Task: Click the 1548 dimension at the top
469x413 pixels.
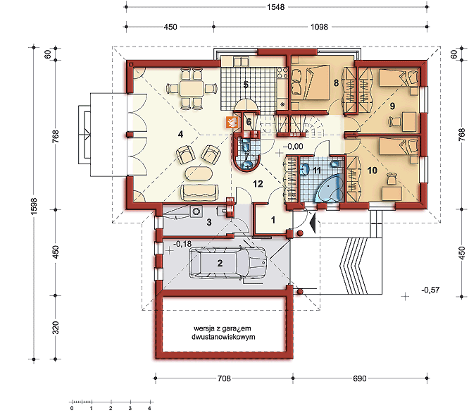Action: click(x=275, y=7)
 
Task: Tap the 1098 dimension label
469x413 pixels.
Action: click(x=319, y=27)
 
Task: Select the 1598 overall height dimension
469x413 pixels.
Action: click(x=34, y=206)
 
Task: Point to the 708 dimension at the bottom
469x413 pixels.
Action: click(x=224, y=378)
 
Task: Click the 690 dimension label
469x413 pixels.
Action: click(x=360, y=378)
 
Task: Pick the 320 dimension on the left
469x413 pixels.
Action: click(x=56, y=328)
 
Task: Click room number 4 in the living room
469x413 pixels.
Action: click(x=180, y=135)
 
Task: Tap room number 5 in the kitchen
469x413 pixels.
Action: click(x=246, y=85)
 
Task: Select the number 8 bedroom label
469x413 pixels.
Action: click(x=336, y=82)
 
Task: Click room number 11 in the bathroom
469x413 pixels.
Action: click(x=317, y=171)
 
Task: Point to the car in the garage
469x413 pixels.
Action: click(x=227, y=264)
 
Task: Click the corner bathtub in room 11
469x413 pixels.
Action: click(x=330, y=189)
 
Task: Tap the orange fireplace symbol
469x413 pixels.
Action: click(x=232, y=122)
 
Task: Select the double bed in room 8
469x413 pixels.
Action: click(x=310, y=82)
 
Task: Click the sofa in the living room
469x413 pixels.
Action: click(x=199, y=192)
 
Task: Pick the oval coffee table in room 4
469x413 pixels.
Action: click(x=199, y=173)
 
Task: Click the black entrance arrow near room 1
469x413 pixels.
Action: click(x=312, y=223)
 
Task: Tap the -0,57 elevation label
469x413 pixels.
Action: click(x=430, y=290)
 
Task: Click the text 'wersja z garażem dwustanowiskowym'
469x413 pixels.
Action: click(x=223, y=333)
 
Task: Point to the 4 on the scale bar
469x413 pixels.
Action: click(x=149, y=408)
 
